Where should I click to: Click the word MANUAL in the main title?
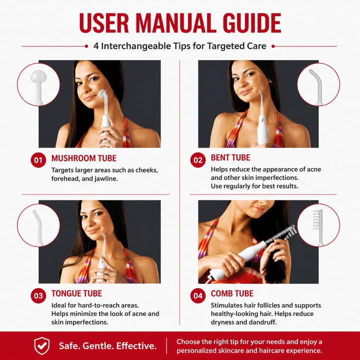tap(176, 23)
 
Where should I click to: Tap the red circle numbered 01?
tap(38, 160)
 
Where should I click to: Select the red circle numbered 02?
tap(198, 160)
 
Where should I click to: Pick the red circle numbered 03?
tap(38, 295)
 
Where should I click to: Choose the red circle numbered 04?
tap(198, 295)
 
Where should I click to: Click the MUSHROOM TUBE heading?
tap(84, 158)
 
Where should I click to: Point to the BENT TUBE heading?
tap(230, 157)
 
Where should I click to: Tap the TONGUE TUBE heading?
tap(76, 293)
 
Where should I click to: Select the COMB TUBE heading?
tap(232, 293)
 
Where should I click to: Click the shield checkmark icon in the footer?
tap(42, 346)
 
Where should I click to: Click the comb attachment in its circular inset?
tap(318, 227)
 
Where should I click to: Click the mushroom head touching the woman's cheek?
tap(102, 93)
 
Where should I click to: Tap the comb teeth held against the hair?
tap(289, 232)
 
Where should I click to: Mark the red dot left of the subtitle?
tap(86, 46)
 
